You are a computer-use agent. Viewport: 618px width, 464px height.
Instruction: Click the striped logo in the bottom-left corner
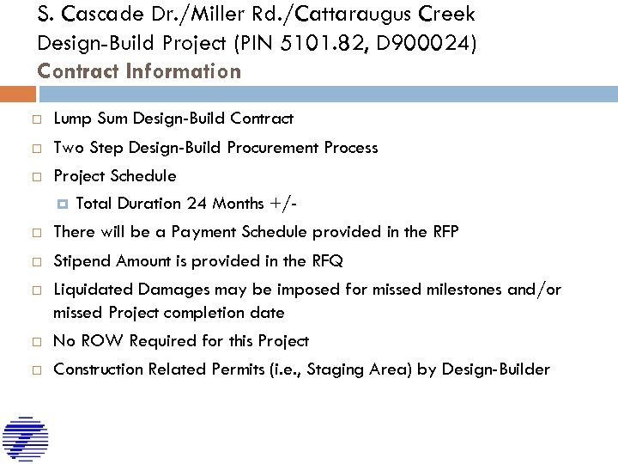[25, 439]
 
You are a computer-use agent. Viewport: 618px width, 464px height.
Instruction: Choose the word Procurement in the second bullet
[274, 148]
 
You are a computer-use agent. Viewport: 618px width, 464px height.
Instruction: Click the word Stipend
[82, 261]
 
